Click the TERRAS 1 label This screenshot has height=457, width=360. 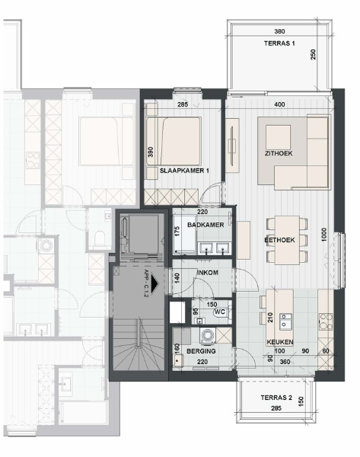coord(279,43)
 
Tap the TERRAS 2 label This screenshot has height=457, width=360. coord(276,398)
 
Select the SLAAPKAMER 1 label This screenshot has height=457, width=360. coord(184,171)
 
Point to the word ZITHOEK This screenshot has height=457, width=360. coord(279,153)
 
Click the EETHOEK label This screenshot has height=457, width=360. coord(279,240)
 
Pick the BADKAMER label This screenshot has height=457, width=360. coord(205,225)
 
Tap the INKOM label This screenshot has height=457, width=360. coord(208,273)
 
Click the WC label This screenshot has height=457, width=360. coord(220,312)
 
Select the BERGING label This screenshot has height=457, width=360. coord(201,351)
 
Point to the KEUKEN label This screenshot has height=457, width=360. coord(280,342)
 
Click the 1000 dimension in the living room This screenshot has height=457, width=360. coord(324,235)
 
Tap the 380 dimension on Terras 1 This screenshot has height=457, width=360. coord(279,31)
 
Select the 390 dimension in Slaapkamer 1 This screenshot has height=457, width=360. coord(151,152)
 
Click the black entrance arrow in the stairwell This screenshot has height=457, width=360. coord(154,283)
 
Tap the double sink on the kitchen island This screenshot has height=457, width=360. coord(285,321)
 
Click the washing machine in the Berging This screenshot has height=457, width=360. coord(207,335)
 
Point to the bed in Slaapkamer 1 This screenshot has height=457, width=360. coord(174,141)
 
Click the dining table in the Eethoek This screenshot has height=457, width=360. coord(287,240)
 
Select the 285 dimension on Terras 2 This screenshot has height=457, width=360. coord(276,408)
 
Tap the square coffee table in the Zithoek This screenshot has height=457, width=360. coord(278,137)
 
